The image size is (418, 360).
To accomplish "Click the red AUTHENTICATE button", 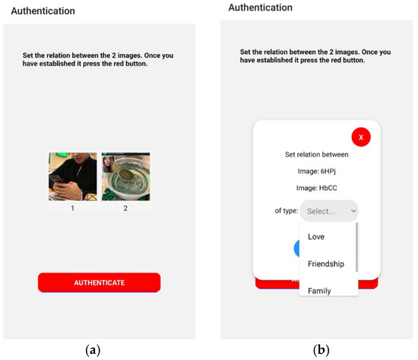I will [x=99, y=283].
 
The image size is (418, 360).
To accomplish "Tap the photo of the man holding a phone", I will [x=73, y=176].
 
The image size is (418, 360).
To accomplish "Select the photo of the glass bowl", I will [x=125, y=176].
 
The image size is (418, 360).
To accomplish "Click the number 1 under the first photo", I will [x=73, y=207].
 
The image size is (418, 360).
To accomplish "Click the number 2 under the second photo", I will [x=125, y=207].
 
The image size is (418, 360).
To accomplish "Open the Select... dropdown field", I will [x=329, y=210].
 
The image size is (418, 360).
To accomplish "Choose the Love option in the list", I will [x=316, y=237].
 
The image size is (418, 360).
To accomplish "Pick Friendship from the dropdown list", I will [x=326, y=264].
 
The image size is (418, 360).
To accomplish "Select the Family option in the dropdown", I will [x=319, y=290].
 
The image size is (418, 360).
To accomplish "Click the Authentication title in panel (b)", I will [x=260, y=8].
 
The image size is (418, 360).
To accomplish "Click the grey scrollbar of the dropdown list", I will [x=356, y=247].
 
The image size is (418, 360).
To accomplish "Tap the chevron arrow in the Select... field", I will [x=351, y=211].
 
